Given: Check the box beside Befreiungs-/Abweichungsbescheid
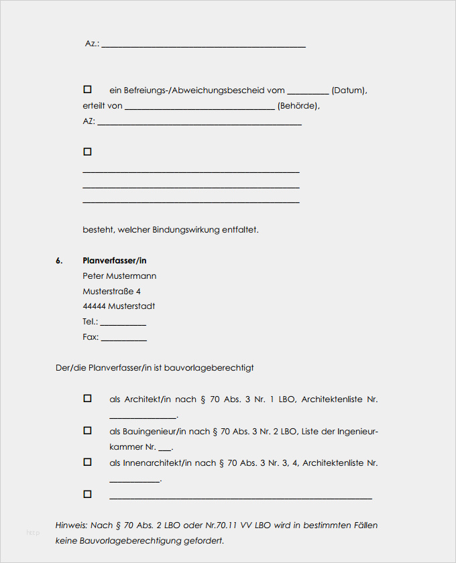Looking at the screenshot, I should (87, 89).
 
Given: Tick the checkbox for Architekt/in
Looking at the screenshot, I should (87, 398).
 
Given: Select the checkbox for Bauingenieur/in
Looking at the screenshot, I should (87, 430).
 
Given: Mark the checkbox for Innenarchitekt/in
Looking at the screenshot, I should (87, 462).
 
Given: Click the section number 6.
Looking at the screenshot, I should (59, 260).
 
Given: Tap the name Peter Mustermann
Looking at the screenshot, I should (119, 275).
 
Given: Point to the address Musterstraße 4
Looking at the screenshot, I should (111, 291).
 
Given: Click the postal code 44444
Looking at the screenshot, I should (94, 306).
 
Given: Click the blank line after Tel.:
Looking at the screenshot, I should (123, 323).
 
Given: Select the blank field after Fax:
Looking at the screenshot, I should (124, 338).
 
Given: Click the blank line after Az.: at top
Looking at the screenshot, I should (203, 45).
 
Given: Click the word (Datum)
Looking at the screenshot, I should (349, 90).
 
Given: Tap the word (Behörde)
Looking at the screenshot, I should (298, 106).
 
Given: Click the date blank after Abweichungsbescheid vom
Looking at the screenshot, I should (308, 92).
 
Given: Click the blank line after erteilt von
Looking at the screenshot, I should (200, 107).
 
